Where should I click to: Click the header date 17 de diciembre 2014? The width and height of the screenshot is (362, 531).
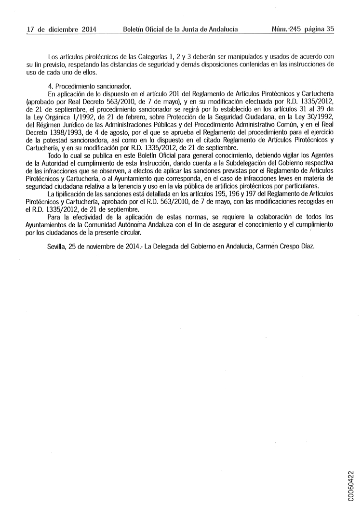tap(62, 29)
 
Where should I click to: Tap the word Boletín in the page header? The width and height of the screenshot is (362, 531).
tap(134, 29)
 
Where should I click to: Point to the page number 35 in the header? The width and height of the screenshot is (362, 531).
tap(330, 29)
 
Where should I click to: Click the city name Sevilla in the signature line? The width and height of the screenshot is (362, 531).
tap(58, 246)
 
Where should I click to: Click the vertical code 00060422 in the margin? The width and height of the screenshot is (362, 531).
tap(351, 486)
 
